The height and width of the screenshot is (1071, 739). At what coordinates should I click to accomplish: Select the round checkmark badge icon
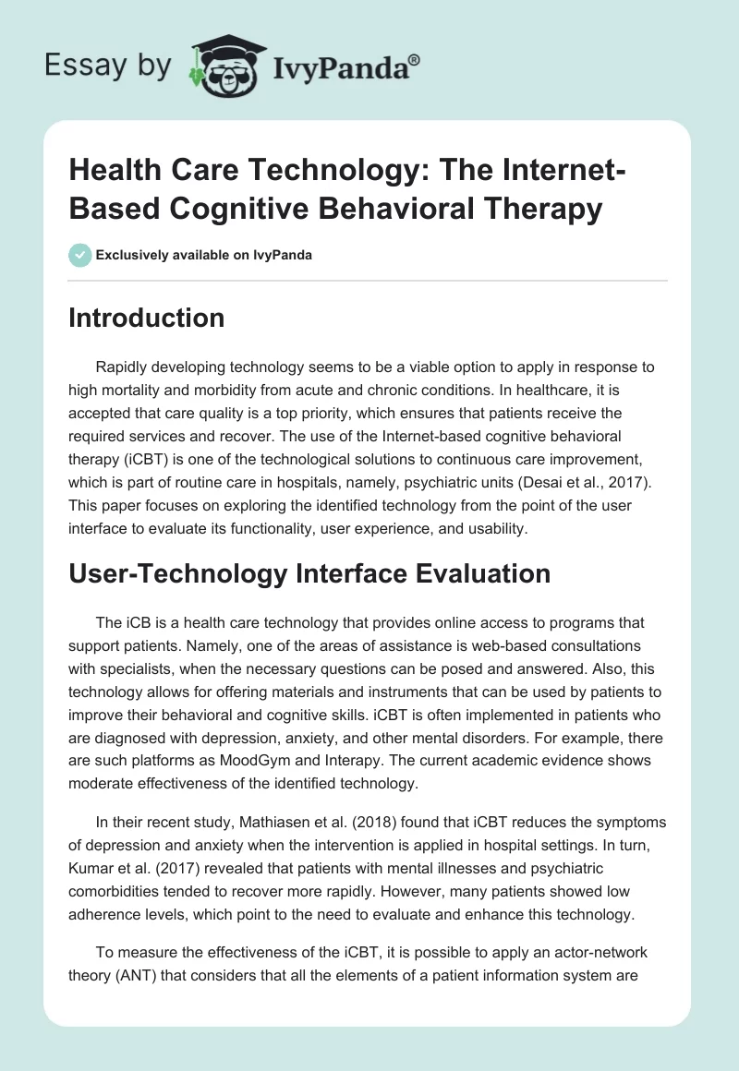click(x=79, y=255)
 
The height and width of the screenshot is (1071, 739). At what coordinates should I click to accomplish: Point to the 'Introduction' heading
click(x=147, y=318)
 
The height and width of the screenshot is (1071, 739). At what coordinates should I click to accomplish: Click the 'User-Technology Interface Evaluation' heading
click(x=309, y=573)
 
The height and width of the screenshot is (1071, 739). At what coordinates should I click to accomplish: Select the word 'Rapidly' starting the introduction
click(x=122, y=367)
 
